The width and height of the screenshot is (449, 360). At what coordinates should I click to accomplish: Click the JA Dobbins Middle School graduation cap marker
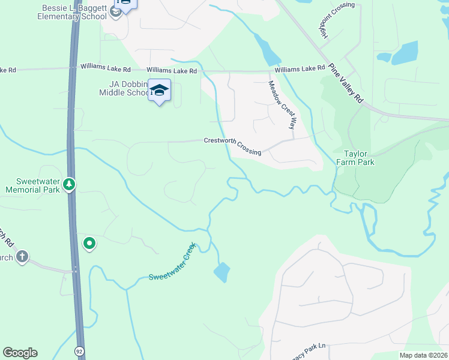159,90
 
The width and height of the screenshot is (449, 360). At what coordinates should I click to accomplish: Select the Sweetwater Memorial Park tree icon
70,184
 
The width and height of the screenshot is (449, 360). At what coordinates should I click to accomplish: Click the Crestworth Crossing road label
233,146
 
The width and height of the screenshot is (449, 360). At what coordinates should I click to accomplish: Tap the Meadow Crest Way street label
283,105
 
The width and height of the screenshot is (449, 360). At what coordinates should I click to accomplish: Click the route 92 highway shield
79,350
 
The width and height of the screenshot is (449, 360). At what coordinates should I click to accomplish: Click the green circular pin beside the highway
89,243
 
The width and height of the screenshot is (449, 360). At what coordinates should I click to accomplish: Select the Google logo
20,353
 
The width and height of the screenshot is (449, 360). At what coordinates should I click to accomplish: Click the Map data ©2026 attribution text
423,355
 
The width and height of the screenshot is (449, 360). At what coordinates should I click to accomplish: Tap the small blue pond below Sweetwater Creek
221,272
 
